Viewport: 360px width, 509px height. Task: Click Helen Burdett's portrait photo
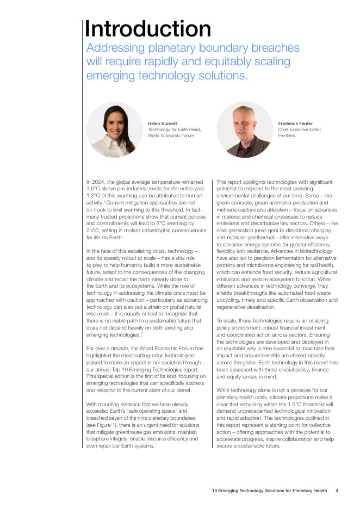[114, 130]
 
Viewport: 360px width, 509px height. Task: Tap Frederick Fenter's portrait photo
[244, 130]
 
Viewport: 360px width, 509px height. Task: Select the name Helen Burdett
[163, 123]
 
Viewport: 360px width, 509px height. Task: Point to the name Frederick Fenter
[295, 123]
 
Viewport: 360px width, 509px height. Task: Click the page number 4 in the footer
[337, 491]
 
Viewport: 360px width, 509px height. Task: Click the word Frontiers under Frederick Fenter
[287, 135]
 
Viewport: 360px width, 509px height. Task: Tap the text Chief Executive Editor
[300, 129]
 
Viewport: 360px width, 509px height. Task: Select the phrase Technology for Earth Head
[174, 129]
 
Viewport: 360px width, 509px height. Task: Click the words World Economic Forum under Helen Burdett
[171, 135]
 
